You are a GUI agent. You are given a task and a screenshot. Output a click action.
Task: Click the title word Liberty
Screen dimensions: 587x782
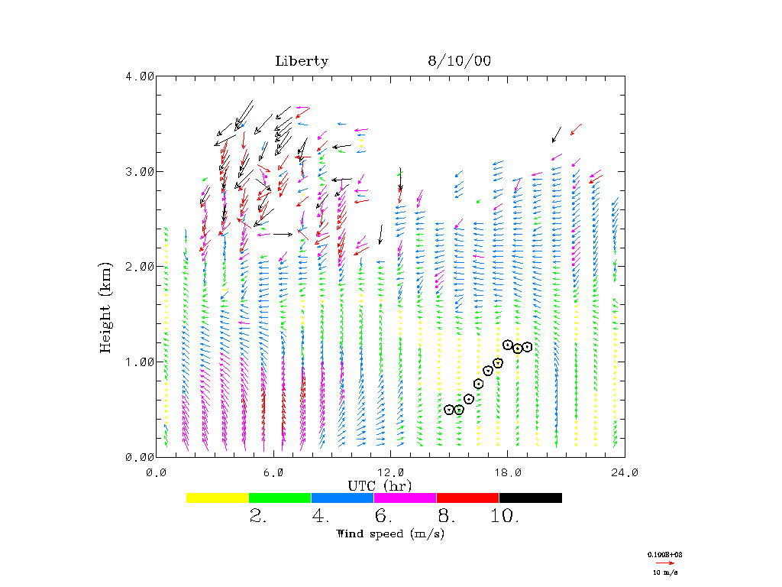[302, 61]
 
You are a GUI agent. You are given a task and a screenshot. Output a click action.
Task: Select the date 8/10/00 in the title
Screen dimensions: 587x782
[459, 61]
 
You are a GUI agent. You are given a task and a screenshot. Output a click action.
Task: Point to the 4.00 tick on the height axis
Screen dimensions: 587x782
[139, 76]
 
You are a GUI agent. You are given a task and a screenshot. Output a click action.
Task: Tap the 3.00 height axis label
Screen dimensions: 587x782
[139, 171]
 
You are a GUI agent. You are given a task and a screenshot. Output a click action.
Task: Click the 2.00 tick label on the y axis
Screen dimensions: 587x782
[139, 266]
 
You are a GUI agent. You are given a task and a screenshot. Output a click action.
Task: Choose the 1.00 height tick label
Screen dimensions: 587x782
[139, 362]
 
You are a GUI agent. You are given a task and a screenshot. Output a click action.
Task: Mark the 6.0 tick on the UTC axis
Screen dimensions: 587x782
[273, 472]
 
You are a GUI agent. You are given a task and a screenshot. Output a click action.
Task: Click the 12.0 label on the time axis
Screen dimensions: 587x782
[391, 472]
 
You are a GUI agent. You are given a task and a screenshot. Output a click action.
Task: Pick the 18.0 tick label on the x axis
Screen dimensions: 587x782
[508, 472]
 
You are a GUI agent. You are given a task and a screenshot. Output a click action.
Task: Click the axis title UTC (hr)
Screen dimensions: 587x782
[380, 485]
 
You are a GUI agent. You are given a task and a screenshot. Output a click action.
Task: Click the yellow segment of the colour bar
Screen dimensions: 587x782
[217, 498]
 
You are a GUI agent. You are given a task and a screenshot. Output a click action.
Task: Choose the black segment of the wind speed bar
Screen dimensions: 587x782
[530, 498]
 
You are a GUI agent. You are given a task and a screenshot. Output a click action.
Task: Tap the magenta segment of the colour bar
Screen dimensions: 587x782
[405, 498]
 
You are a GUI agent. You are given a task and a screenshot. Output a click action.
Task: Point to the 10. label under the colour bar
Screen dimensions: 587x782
[505, 517]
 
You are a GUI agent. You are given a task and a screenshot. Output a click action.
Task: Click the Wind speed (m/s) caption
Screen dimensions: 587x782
[380, 533]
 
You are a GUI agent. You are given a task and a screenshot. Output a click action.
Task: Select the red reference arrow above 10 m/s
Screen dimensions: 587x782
[665, 562]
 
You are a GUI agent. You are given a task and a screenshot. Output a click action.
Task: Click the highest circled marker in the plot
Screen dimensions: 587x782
[508, 345]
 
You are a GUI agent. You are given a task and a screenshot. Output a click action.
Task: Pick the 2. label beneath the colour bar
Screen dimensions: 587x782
[258, 517]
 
